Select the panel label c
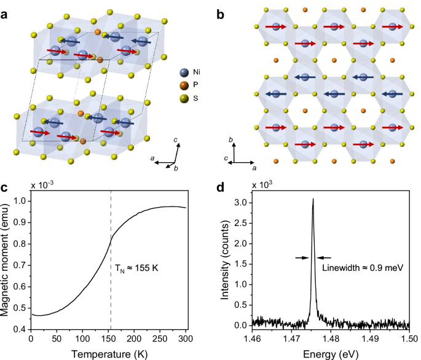coord(5,186)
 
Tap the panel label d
coord(221,186)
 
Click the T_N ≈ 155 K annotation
coord(136,267)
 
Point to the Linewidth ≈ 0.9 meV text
coord(358,267)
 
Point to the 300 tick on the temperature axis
coord(184,338)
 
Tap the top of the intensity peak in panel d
coord(313,199)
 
